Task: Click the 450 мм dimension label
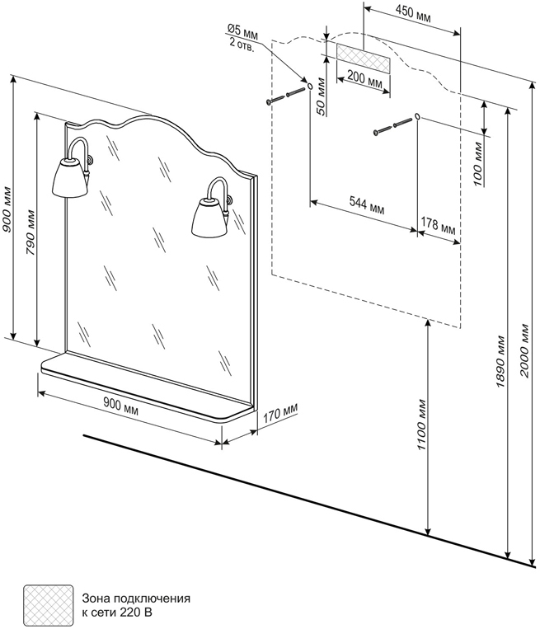tap(413, 13)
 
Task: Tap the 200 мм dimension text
tap(364, 77)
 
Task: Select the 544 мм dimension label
tap(367, 205)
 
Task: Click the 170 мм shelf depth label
tap(280, 414)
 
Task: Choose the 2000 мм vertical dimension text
tap(525, 351)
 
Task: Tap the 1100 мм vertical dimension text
tap(421, 425)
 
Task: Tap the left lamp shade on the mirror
tap(71, 178)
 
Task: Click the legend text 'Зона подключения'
tap(136, 598)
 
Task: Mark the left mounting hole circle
tap(309, 86)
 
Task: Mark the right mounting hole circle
tap(417, 117)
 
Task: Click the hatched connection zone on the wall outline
tap(363, 59)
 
